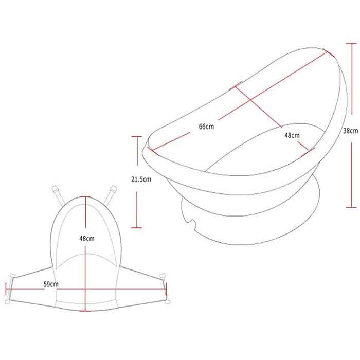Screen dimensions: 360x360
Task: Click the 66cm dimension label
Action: point(206,127)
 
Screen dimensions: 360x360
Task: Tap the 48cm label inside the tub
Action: point(292,135)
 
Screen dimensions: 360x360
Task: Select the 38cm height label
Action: point(351,131)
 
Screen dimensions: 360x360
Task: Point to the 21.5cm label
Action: point(141,179)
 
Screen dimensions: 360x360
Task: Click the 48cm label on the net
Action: point(87,238)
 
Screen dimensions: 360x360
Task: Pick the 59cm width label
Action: point(51,284)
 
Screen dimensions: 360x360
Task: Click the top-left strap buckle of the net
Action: point(55,189)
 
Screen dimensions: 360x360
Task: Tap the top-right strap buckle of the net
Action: point(113,190)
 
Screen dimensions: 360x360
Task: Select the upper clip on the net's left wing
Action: point(12,276)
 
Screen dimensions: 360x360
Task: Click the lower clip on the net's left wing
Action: point(8,301)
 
